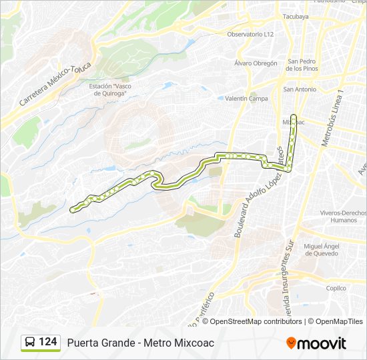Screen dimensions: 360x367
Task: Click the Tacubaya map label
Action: click(296, 16)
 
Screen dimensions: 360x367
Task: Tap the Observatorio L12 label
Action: click(250, 34)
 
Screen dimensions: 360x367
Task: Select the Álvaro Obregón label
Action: click(256, 63)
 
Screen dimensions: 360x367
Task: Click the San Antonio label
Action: click(300, 89)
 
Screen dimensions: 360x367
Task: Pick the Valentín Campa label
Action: click(246, 99)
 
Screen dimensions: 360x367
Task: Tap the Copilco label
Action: click(336, 288)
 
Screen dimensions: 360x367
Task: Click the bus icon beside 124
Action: click(29, 343)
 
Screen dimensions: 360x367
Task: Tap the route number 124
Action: click(48, 342)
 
